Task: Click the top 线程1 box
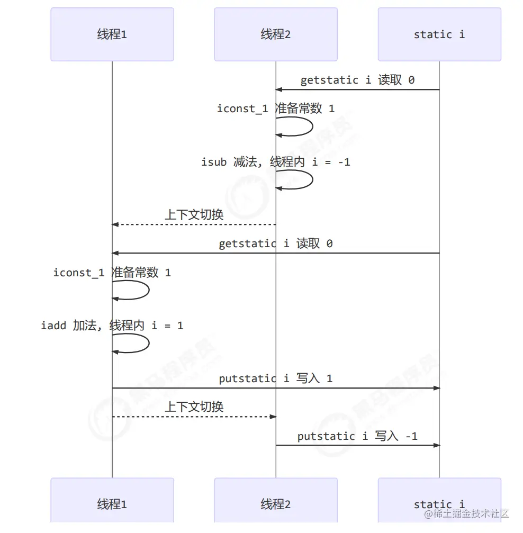coord(112,34)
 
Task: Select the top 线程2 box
coord(276,34)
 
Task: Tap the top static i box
coord(439,34)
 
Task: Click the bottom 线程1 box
coord(112,503)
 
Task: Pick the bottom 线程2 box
coord(276,503)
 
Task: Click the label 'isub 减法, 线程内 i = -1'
coord(276,162)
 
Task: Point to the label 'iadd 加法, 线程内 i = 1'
coord(112,326)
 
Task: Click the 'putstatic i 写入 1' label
coord(276,378)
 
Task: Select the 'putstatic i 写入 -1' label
coord(357,436)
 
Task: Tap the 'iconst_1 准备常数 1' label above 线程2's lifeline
coord(276,109)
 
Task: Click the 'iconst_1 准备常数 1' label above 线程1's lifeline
coord(112,273)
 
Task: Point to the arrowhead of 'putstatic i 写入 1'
coord(437,388)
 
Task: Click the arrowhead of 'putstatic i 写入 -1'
coord(437,445)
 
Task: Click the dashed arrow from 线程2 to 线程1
coord(194,224)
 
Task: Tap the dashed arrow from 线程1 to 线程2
coord(194,417)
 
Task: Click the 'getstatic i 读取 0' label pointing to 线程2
coord(357,80)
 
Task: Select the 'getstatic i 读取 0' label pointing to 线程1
coord(276,243)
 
